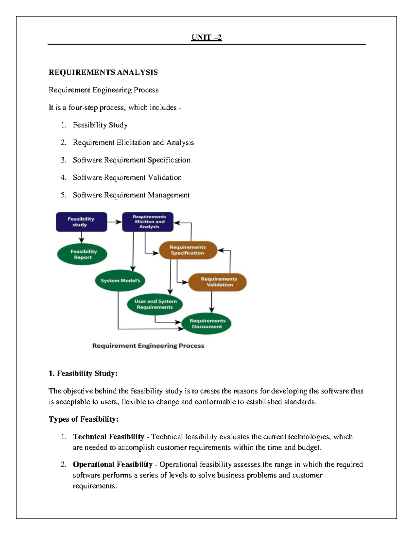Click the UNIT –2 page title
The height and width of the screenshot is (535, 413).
coord(206,38)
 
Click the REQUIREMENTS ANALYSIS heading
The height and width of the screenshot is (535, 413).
coord(103,72)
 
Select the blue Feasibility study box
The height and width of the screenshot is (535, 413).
coord(81,222)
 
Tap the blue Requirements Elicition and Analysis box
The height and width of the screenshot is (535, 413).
coord(148,222)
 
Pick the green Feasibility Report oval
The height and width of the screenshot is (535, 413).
coord(83,255)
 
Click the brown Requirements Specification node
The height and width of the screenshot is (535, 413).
coord(188,250)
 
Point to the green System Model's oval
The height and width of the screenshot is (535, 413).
coord(120,280)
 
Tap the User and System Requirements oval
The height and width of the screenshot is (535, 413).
coord(155,304)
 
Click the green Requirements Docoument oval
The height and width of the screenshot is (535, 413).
coord(207,323)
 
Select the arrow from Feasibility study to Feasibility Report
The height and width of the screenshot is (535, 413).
coord(82,237)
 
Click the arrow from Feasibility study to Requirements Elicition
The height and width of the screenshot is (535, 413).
coord(114,222)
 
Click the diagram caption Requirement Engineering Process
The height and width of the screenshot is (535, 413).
coord(148,346)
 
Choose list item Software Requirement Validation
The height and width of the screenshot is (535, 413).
coord(127,178)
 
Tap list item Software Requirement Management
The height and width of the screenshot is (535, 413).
coord(131,195)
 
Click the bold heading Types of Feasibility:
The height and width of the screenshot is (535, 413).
coord(84,419)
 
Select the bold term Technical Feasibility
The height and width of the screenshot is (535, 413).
coord(108,437)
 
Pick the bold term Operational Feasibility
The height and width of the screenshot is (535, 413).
coord(113,464)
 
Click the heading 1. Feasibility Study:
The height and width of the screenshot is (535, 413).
coord(83,373)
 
